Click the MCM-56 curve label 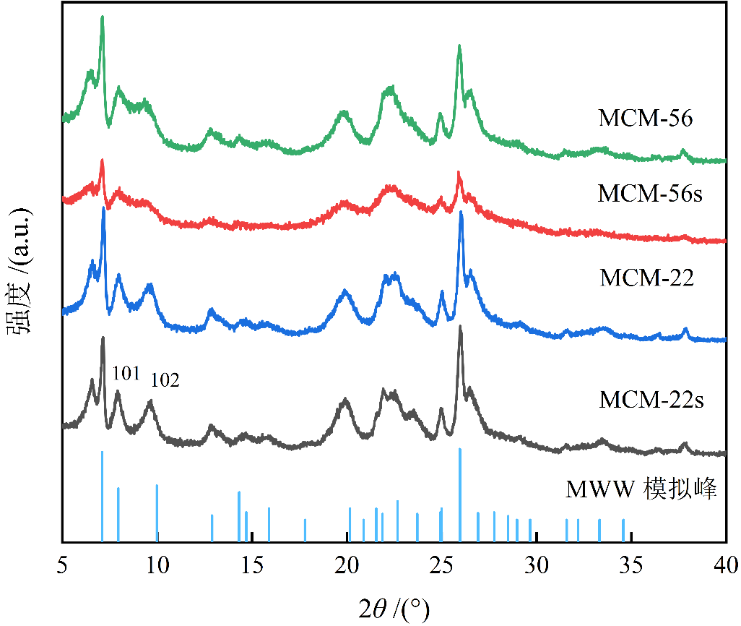645,118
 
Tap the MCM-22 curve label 646,278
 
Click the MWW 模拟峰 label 641,491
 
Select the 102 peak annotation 164,380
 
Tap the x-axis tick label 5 63,564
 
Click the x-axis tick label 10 157,564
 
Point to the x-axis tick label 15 252,564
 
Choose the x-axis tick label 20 347,564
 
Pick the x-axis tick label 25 441,564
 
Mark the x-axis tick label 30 537,564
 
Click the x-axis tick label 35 631,564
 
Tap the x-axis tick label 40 725,564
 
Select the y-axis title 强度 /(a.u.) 19,271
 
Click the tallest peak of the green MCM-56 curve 102,17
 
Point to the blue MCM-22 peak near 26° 461,212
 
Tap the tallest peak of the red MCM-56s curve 102,160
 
